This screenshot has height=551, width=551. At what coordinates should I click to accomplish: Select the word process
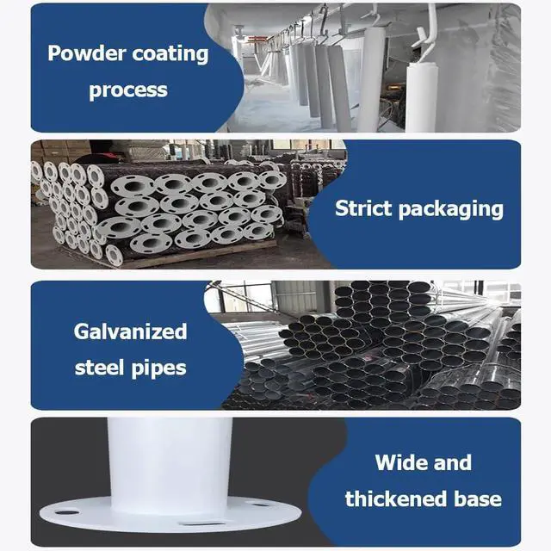tap(127, 90)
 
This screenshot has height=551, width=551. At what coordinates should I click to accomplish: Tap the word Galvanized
tap(130, 331)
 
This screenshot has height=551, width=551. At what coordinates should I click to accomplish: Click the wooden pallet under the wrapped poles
tap(198, 255)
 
